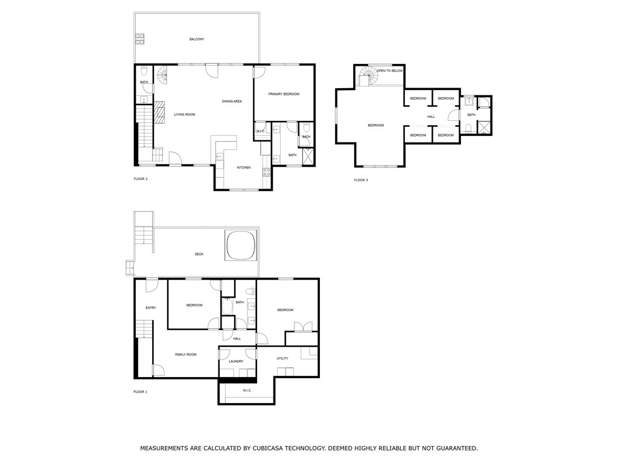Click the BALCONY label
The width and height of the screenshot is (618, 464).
click(x=197, y=39)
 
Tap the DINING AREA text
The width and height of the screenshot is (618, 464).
click(x=232, y=101)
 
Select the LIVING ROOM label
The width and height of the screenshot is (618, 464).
click(x=185, y=114)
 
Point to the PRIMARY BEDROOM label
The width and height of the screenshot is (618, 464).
click(x=284, y=94)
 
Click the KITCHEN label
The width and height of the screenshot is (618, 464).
click(x=243, y=167)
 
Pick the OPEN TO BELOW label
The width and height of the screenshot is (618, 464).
click(x=390, y=71)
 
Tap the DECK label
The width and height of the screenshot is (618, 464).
click(x=199, y=254)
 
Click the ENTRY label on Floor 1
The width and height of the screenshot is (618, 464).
click(x=151, y=308)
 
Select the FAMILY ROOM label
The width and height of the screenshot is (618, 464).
click(x=186, y=355)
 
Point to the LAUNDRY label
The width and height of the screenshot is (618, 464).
click(x=236, y=361)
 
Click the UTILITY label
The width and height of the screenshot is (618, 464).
click(x=282, y=358)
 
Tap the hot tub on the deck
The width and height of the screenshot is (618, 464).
click(x=240, y=244)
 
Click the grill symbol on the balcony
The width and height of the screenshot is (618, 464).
click(x=139, y=39)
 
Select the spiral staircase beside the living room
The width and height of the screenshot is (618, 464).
click(x=164, y=75)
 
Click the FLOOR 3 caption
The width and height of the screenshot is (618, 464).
click(x=361, y=180)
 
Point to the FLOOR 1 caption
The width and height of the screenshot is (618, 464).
click(x=140, y=392)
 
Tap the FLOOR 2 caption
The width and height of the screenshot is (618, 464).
click(x=140, y=179)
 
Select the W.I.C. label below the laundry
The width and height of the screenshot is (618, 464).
click(x=247, y=391)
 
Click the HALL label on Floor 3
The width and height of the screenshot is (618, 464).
click(x=431, y=117)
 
